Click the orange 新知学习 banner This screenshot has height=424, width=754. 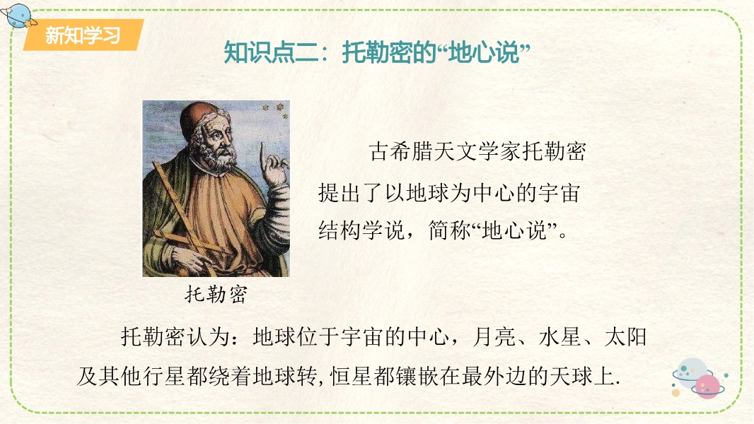pyautogui.click(x=83, y=35)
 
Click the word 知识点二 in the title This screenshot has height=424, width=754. pyautogui.click(x=271, y=52)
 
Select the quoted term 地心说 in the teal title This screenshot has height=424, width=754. pyautogui.click(x=484, y=52)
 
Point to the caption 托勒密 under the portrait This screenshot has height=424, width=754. pyautogui.click(x=216, y=294)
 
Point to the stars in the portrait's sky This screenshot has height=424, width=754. pyautogui.click(x=274, y=110)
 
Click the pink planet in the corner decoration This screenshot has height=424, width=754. pyautogui.click(x=707, y=387)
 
